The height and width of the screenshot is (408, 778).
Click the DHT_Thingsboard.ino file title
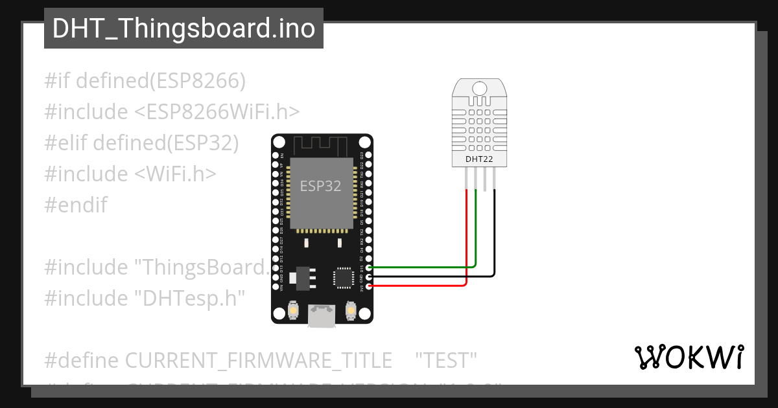point(183,28)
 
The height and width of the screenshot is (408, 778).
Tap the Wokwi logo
point(689,357)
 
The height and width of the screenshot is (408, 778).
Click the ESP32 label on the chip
point(320,187)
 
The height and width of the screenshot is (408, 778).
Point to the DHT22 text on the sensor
point(479,159)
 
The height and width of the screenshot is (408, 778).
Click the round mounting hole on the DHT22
point(480,88)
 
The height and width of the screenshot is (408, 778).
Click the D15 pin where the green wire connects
point(369,267)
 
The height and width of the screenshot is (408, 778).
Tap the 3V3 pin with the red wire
point(369,286)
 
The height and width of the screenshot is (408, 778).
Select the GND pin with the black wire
point(369,277)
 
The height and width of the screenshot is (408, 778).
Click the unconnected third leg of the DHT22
point(485,178)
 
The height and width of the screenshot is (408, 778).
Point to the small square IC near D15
point(342,277)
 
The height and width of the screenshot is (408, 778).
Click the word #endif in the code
point(76,205)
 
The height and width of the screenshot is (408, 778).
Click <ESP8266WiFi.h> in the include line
point(217,112)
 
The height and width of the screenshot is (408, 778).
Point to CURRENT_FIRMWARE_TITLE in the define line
point(258,360)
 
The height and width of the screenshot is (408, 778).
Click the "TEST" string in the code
point(446,360)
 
